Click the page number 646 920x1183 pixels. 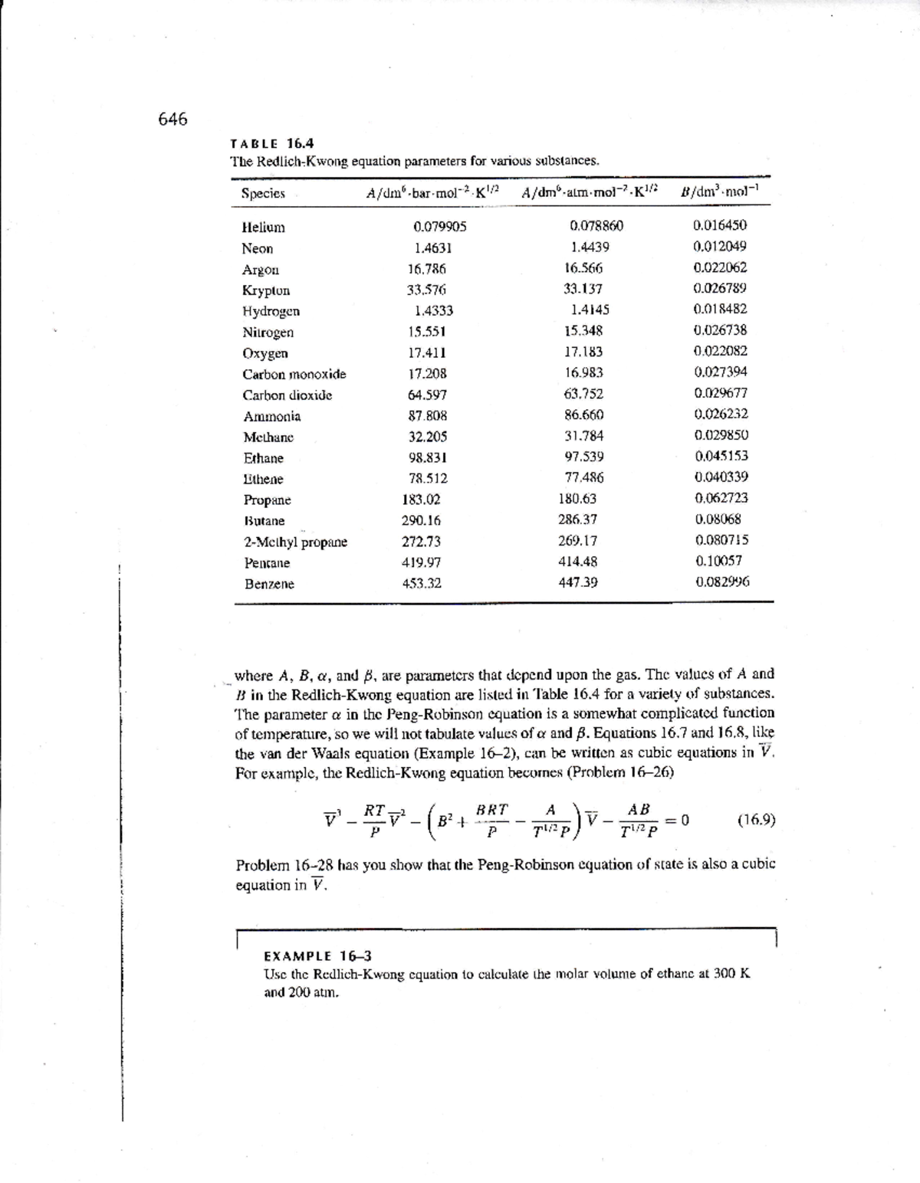coord(172,119)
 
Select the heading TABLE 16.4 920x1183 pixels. coord(272,143)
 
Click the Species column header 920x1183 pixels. coord(263,194)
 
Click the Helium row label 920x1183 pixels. coord(263,228)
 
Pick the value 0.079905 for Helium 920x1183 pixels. coord(439,227)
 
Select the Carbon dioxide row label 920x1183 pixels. coord(287,395)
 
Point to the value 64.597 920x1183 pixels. coord(427,395)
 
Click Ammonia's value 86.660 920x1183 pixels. coord(583,415)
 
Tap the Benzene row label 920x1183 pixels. coord(269,584)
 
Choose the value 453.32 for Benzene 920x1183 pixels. coord(422,583)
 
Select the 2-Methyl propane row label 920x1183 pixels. coord(295,542)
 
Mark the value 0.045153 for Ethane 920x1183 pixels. coord(721,456)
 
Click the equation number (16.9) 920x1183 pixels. coord(755,820)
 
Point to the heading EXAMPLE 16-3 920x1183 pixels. coord(317,956)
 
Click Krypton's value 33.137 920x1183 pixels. coord(583,290)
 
